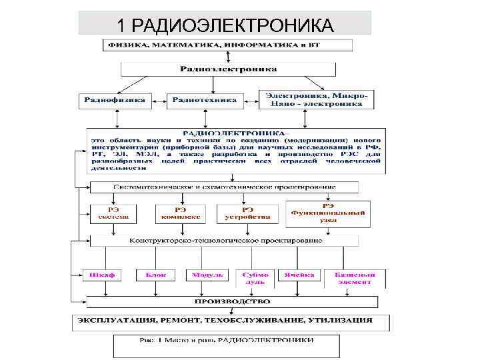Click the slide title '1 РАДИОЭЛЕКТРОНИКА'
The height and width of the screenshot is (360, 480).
coord(224,25)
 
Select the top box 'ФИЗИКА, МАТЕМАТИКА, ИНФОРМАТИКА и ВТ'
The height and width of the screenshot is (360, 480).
coord(227,45)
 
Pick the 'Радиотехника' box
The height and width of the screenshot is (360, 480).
coord(205,101)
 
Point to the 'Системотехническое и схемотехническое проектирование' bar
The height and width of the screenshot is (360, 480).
coord(225,187)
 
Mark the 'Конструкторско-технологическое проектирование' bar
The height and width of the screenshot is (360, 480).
coord(225,240)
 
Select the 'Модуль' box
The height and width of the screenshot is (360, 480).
coord(203,275)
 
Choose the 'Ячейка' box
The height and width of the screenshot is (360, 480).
coord(298,275)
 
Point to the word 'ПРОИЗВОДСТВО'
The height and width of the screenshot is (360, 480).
coord(229,301)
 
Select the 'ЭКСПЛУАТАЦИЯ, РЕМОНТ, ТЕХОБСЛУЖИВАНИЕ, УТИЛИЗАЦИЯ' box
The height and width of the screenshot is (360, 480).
coord(231,321)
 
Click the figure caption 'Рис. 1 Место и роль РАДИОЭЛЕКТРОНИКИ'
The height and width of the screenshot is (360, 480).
coord(226,341)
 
